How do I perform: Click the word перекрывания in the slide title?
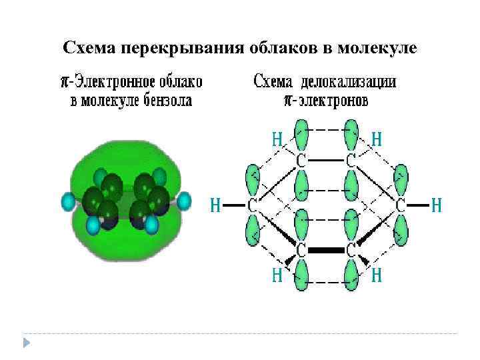[175, 48]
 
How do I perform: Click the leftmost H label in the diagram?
[216, 205]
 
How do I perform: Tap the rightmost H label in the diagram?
[436, 205]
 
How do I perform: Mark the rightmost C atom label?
[401, 205]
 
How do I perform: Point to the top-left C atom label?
[301, 161]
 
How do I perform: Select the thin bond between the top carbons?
[326, 161]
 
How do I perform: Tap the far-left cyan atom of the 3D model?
[68, 201]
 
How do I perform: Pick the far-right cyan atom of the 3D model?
[184, 199]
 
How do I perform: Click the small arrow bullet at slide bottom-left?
[26, 342]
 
